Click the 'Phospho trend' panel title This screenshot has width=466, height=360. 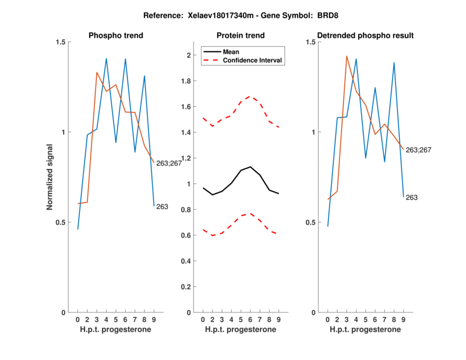(x=115, y=36)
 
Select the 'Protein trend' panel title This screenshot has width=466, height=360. (x=240, y=36)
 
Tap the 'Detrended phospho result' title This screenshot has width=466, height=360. (x=365, y=36)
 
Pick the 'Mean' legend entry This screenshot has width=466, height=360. (x=231, y=51)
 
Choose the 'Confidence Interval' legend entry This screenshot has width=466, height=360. (x=253, y=60)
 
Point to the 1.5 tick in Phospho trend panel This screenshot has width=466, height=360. (x=61, y=42)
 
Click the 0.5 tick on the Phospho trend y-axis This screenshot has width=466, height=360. (x=61, y=222)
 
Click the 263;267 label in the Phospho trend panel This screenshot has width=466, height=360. (x=169, y=163)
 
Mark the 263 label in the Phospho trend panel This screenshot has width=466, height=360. (x=162, y=206)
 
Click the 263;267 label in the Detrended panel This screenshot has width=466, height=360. (x=419, y=150)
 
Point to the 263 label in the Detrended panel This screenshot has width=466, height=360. (x=412, y=197)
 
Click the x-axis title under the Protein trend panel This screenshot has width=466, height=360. (x=240, y=329)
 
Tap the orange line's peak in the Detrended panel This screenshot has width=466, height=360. (x=347, y=56)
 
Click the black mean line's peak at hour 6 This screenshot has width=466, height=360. (x=250, y=167)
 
